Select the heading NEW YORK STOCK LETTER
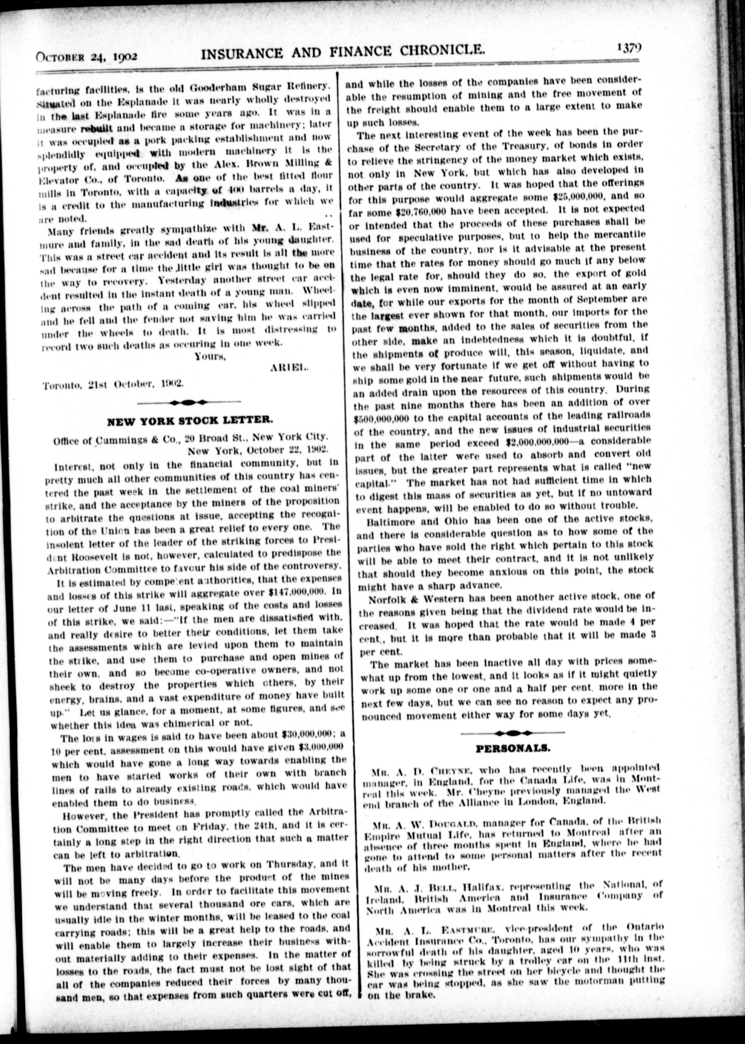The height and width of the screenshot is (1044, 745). coord(190,420)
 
